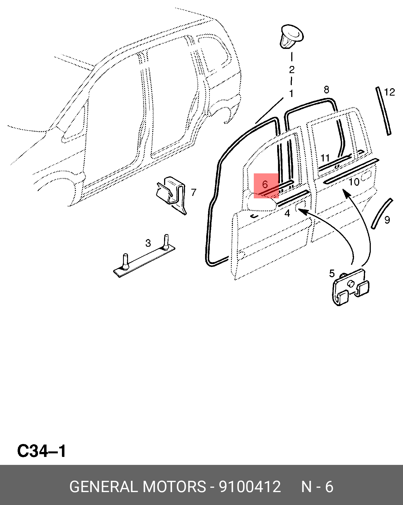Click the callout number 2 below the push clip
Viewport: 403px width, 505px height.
pos(292,70)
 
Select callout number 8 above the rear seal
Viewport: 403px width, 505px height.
pos(326,90)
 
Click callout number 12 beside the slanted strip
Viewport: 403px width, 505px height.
pos(390,92)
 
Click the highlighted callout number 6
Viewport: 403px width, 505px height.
pos(265,184)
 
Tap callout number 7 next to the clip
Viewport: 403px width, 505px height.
pos(194,192)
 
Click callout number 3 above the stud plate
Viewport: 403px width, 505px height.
pos(148,243)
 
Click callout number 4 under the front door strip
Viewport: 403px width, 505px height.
pos(287,213)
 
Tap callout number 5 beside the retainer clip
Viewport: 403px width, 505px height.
pos(332,273)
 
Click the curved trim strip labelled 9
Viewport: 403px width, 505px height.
pos(382,213)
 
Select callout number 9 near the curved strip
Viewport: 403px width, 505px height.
pos(387,220)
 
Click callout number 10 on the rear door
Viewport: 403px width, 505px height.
pos(354,182)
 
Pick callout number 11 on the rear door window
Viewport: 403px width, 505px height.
pos(325,158)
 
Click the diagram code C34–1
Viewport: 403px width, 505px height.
pos(42,451)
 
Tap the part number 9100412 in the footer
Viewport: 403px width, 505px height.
pos(250,487)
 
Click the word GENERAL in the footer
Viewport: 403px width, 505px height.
pos(104,487)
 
